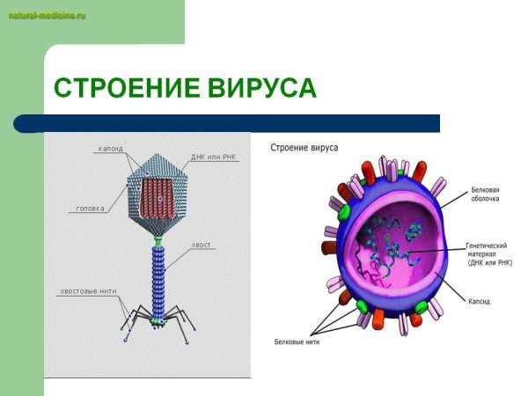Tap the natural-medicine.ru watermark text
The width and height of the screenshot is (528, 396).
41,17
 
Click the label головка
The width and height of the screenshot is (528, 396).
91,209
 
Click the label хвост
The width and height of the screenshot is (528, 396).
202,243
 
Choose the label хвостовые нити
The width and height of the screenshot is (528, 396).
88,290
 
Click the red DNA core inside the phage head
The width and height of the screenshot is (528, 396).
160,198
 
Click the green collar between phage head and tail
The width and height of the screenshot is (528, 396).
159,239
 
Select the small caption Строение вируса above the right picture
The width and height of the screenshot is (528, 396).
304,147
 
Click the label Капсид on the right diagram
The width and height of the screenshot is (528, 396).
480,301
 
